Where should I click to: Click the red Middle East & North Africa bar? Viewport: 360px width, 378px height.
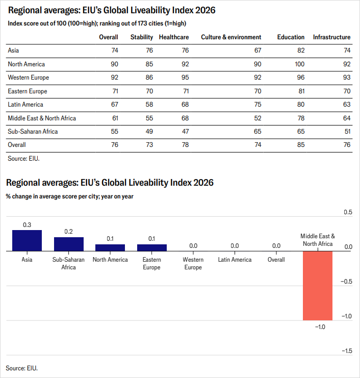point(318,286)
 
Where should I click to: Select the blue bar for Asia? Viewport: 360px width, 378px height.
point(27,241)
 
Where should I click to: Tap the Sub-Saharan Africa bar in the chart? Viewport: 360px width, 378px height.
point(69,244)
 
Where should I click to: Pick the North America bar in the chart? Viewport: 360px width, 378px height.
point(110,248)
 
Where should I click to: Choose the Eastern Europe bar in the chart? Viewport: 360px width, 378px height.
point(152,248)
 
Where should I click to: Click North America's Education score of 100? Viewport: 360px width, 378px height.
point(299,64)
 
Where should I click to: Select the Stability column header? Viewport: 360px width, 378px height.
point(142,37)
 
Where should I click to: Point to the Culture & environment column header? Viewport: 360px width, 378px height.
point(231,37)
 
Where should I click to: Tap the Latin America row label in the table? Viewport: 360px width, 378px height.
point(25,105)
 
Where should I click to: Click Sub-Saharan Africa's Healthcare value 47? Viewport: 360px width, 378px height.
point(185,132)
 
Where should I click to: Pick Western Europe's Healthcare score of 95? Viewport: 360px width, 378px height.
point(185,78)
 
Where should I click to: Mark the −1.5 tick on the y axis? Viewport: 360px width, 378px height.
point(347,351)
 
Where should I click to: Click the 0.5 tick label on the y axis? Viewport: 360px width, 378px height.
point(348,212)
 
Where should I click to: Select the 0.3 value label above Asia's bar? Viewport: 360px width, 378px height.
point(27,225)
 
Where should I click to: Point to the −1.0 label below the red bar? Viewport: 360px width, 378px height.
point(320,327)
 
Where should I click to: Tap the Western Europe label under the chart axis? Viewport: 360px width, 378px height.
point(193,264)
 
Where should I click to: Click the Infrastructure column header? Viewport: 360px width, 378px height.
point(331,37)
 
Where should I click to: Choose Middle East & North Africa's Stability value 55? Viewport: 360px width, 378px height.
point(149,118)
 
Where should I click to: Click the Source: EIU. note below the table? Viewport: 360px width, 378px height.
point(23,158)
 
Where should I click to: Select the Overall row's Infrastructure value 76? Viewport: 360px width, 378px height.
point(347,145)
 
